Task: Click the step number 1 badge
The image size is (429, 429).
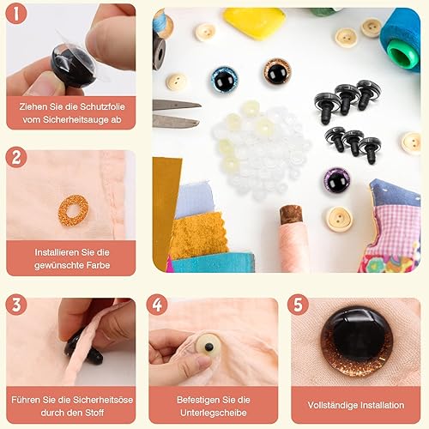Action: click(x=16, y=14)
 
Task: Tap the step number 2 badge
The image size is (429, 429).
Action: click(x=16, y=157)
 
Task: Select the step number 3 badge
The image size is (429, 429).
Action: click(x=16, y=305)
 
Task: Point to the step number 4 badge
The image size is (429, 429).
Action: click(x=157, y=305)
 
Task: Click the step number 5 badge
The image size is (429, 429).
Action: click(x=298, y=305)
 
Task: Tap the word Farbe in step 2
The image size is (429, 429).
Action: click(x=96, y=265)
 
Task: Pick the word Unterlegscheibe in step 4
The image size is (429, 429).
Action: click(x=214, y=413)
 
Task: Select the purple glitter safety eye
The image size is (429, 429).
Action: click(x=336, y=181)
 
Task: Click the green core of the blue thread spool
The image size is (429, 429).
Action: click(x=402, y=54)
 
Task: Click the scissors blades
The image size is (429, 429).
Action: click(x=176, y=112)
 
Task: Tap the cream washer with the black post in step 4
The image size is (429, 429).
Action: click(x=208, y=347)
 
